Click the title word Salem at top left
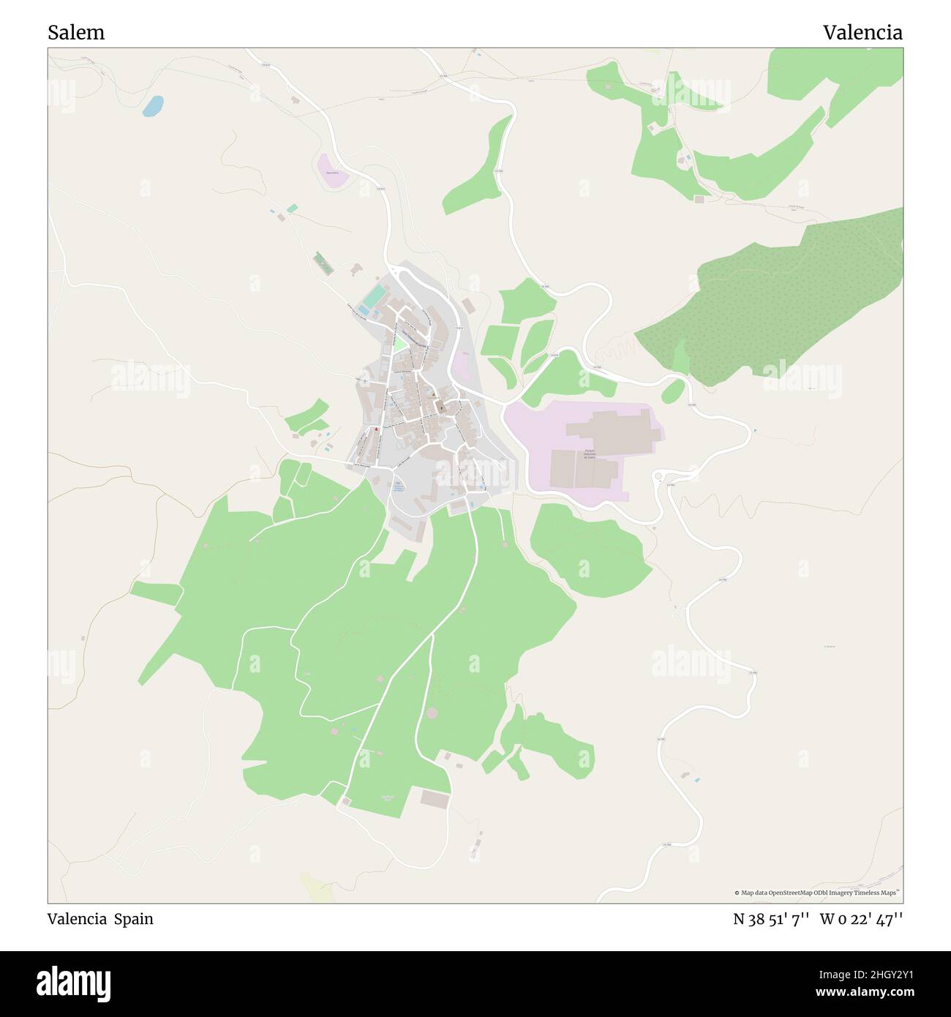point(76,33)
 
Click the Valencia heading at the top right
point(862,33)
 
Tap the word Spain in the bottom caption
point(133,919)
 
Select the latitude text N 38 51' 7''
point(771,919)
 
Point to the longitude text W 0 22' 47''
point(861,919)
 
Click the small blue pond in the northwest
point(153,107)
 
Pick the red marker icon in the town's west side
point(377,430)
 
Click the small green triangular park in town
point(399,344)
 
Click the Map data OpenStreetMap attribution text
point(817,893)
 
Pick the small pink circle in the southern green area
point(432,713)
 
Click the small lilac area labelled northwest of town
point(333,170)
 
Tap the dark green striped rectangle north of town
point(321,263)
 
